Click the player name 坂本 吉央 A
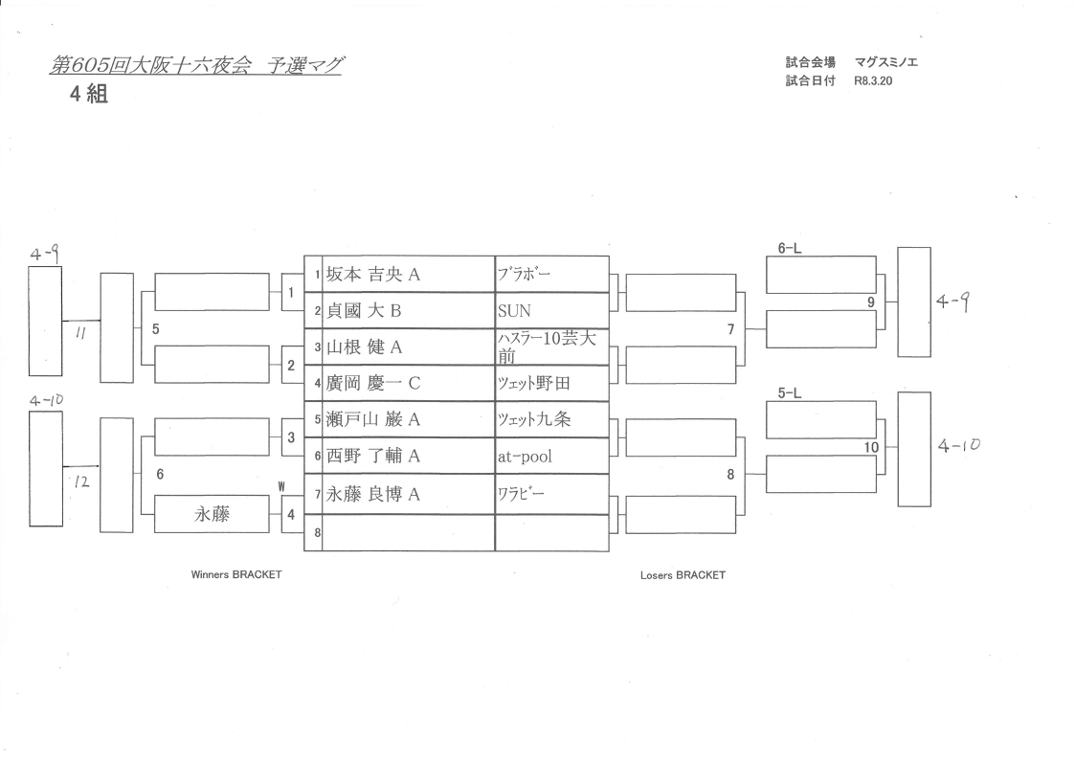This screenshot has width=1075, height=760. pyautogui.click(x=374, y=275)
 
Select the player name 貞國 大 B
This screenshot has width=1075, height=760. pyautogui.click(x=367, y=311)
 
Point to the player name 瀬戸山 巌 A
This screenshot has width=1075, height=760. pyautogui.click(x=374, y=419)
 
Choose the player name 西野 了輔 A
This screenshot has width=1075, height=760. pyautogui.click(x=374, y=457)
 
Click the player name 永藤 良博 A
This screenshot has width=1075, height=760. pyautogui.click(x=374, y=494)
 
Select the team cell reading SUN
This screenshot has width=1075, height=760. pyautogui.click(x=514, y=311)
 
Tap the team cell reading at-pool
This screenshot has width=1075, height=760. pyautogui.click(x=525, y=457)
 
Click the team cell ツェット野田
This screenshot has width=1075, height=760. pyautogui.click(x=534, y=384)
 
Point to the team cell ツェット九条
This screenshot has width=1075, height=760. pyautogui.click(x=534, y=419)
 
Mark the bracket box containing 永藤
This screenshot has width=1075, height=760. pyautogui.click(x=211, y=514)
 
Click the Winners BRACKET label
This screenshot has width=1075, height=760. pyautogui.click(x=236, y=575)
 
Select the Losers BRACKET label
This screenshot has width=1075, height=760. pyautogui.click(x=683, y=575)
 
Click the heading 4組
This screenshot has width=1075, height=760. pyautogui.click(x=87, y=95)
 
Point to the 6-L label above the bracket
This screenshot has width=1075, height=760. pyautogui.click(x=790, y=248)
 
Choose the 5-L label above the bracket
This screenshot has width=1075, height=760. pyautogui.click(x=790, y=393)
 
